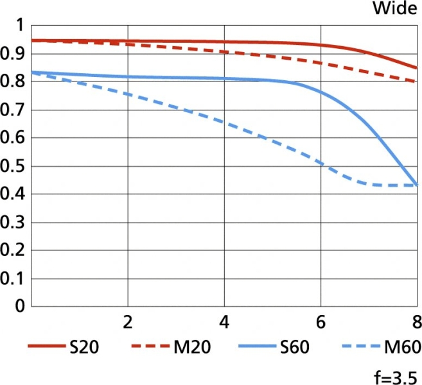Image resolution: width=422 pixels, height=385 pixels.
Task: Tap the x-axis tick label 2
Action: tap(128, 321)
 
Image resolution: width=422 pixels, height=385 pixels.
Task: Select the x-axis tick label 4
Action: tap(224, 321)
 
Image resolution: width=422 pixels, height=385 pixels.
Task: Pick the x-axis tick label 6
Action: tap(321, 321)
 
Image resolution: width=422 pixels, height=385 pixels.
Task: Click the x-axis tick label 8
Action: tap(416, 321)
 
